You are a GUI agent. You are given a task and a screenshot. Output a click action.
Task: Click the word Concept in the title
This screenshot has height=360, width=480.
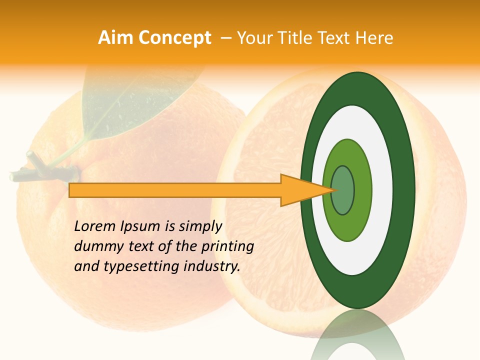(174, 38)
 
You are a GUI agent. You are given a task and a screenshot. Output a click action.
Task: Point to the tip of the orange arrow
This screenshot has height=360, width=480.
(331, 190)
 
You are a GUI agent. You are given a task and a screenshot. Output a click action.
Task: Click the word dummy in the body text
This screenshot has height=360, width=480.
(93, 246)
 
